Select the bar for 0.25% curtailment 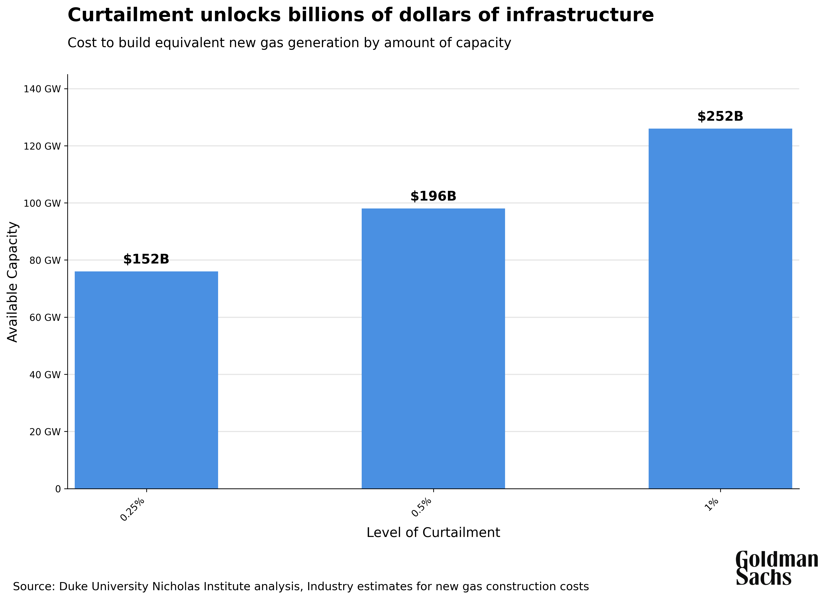coord(146,380)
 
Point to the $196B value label coord(433,196)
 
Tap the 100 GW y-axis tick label coord(42,203)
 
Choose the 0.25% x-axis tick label coord(133,509)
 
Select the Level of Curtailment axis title coord(433,533)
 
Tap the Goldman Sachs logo coord(777,568)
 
